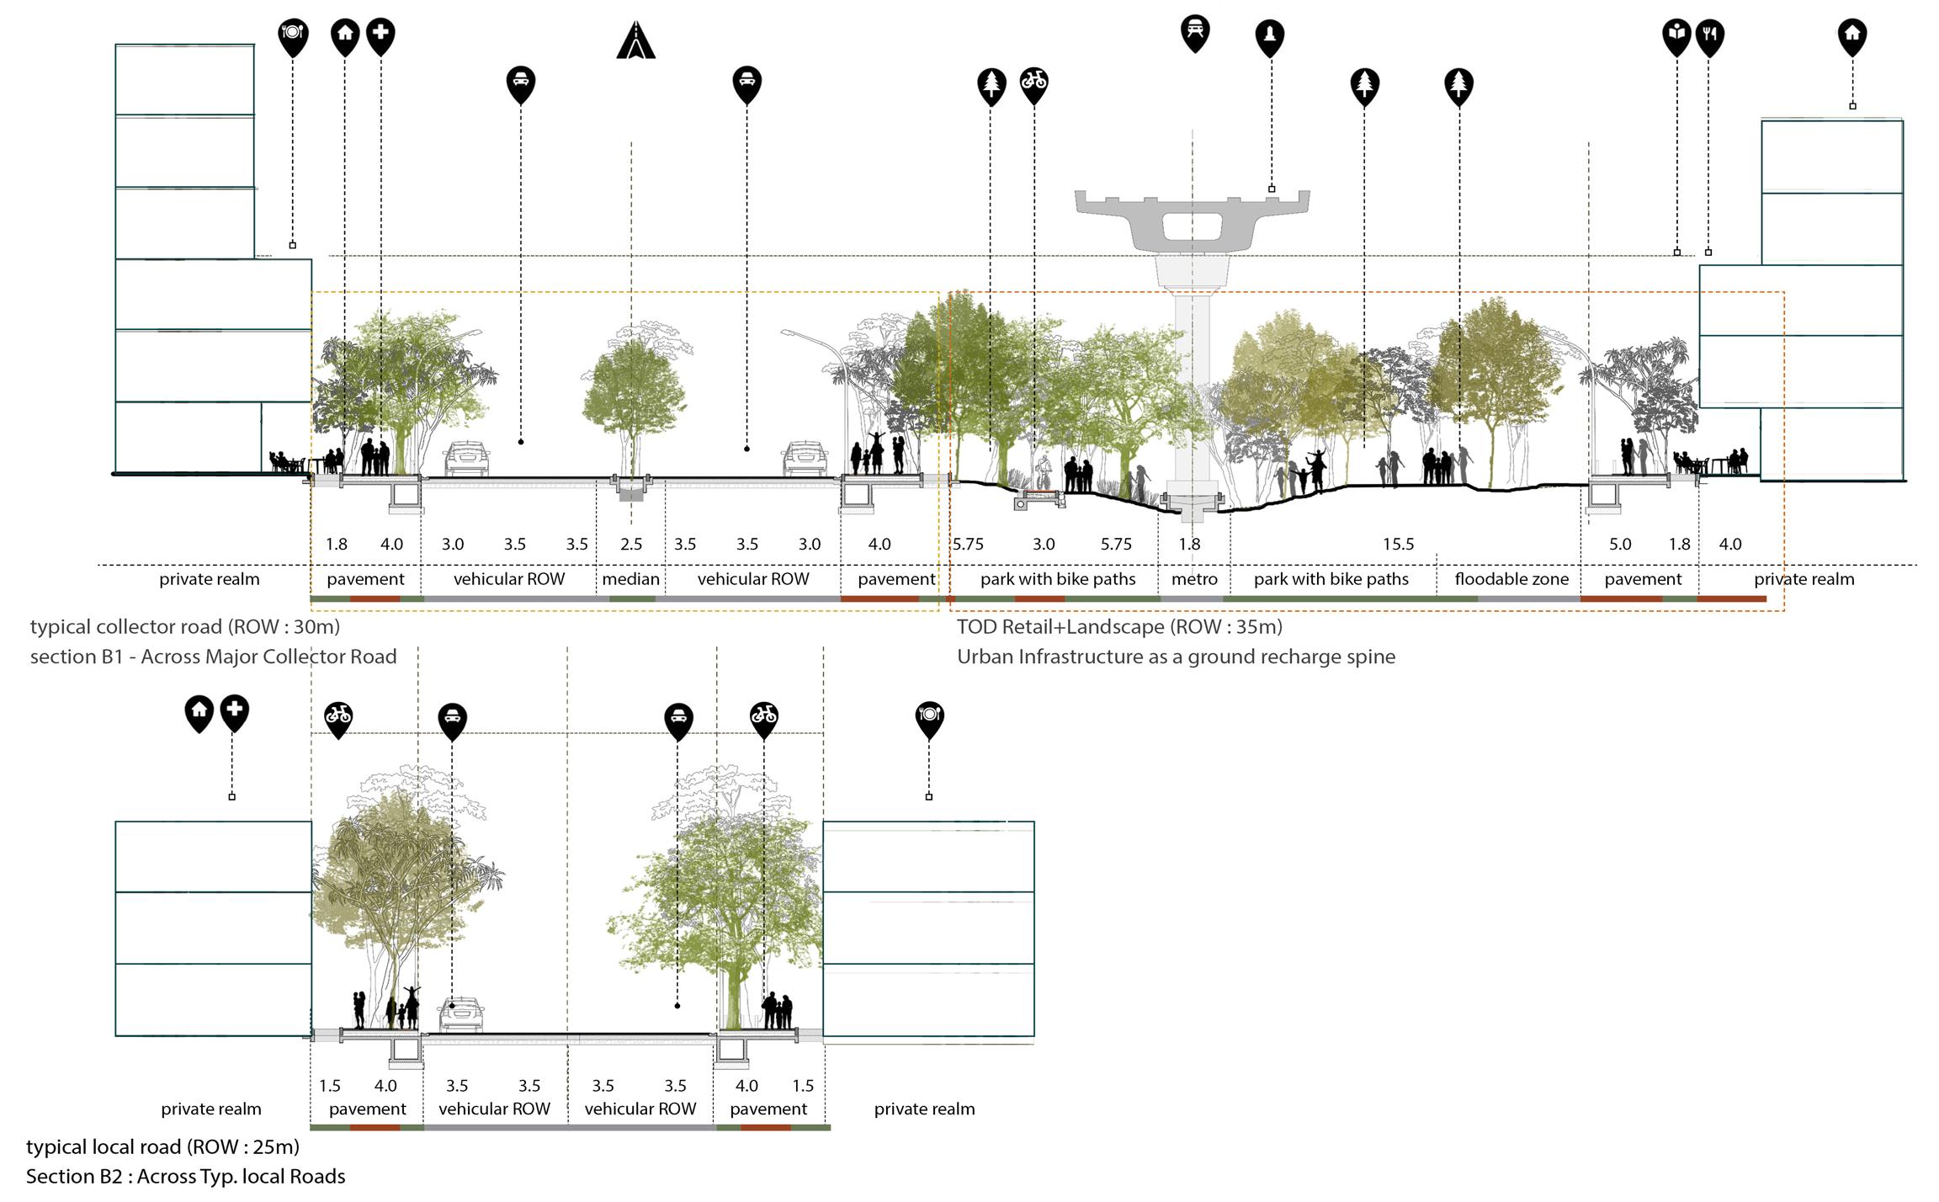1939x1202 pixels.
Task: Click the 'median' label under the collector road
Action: pos(630,579)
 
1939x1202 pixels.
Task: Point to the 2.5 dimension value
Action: pos(631,545)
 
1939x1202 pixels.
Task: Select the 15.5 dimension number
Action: pos(1398,545)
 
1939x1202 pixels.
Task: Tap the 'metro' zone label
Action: pos(1194,579)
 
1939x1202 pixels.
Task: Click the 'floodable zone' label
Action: pos(1511,579)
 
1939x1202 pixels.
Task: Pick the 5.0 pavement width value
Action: pos(1620,545)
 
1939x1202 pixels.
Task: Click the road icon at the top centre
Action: pos(635,40)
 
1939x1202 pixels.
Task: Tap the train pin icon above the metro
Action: pos(1195,32)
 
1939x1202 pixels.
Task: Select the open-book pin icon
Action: pos(1676,35)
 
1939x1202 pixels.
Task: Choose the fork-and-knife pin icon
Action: pos(1709,35)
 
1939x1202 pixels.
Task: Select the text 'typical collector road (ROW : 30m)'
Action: pos(185,626)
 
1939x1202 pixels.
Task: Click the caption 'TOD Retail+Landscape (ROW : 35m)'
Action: pos(1119,626)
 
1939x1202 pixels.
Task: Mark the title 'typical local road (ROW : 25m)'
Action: pos(162,1146)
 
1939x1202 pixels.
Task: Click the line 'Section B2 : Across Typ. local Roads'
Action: pos(185,1176)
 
